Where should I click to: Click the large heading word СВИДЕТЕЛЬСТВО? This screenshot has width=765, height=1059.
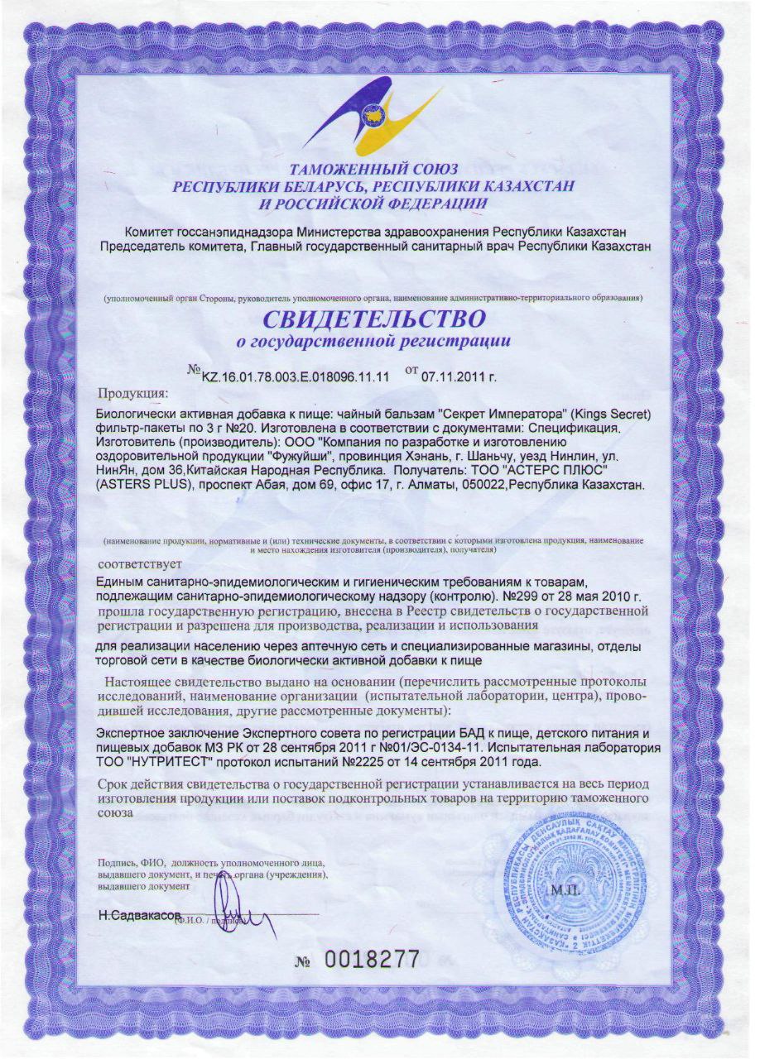374,318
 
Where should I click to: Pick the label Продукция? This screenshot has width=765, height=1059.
133,391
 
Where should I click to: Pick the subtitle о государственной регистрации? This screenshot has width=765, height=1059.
374,341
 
